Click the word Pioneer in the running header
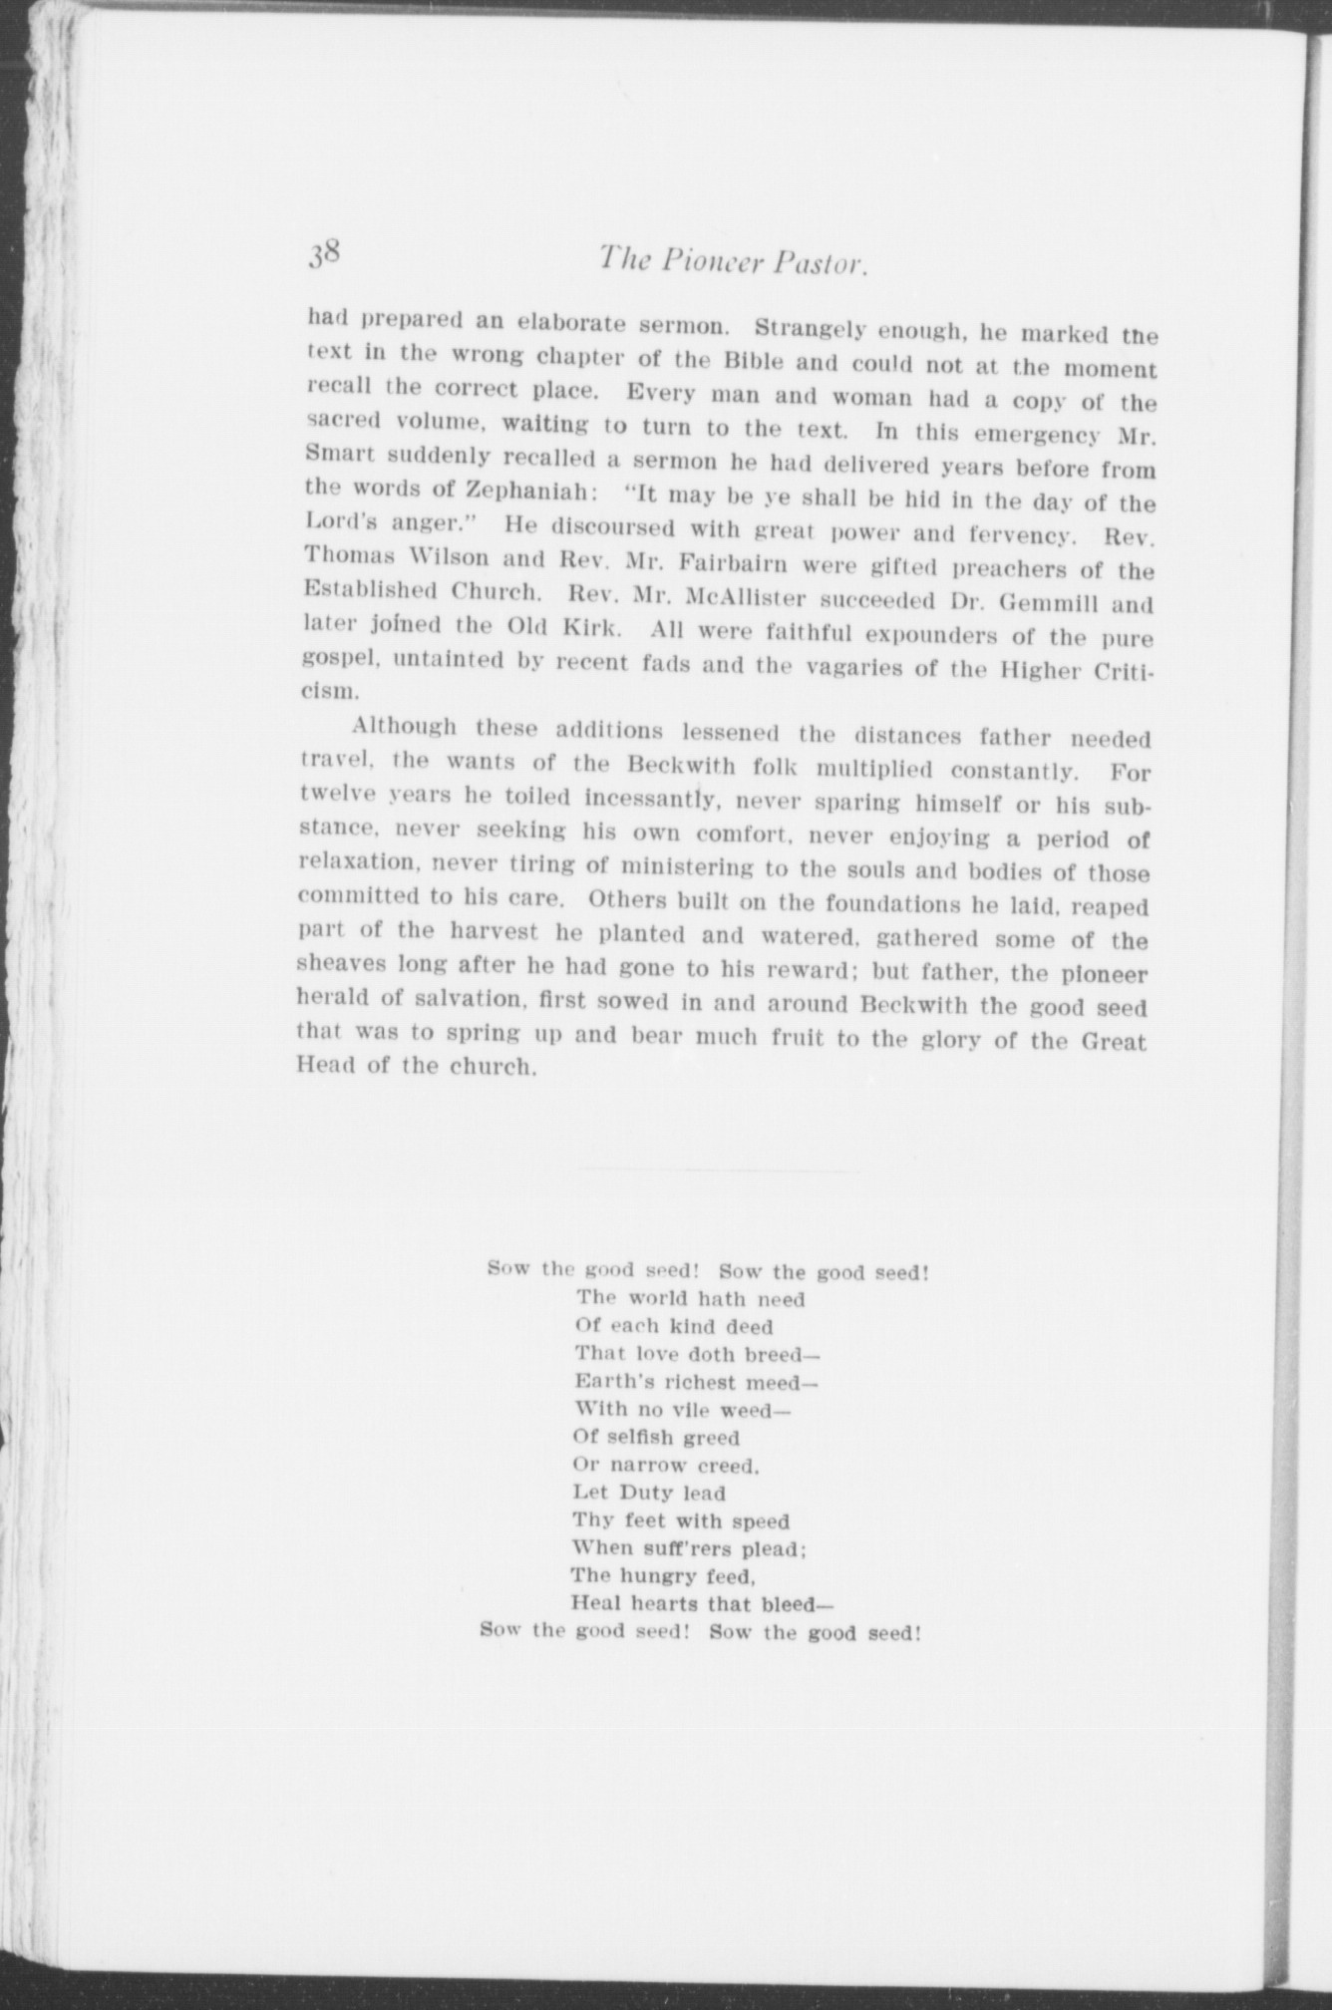(x=710, y=263)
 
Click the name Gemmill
(x=1044, y=603)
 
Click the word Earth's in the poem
(x=608, y=1382)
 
